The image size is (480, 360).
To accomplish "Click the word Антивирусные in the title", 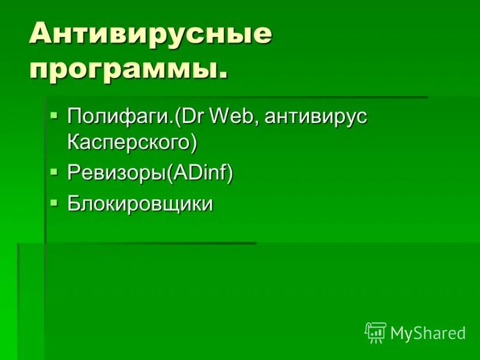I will (x=150, y=35).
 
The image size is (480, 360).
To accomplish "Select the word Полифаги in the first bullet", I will (x=116, y=116).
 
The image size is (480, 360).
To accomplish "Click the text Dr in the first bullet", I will (x=191, y=116).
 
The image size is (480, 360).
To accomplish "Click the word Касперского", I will (x=128, y=142).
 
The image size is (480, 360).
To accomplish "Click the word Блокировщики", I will (x=140, y=204).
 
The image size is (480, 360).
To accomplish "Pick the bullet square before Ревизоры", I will (x=55, y=171).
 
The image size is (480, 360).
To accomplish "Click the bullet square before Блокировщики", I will (x=55, y=202).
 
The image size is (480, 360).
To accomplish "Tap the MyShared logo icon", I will (x=376, y=332).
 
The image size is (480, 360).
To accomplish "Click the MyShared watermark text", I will (x=428, y=333).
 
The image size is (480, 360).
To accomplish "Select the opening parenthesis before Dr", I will (x=178, y=116).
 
